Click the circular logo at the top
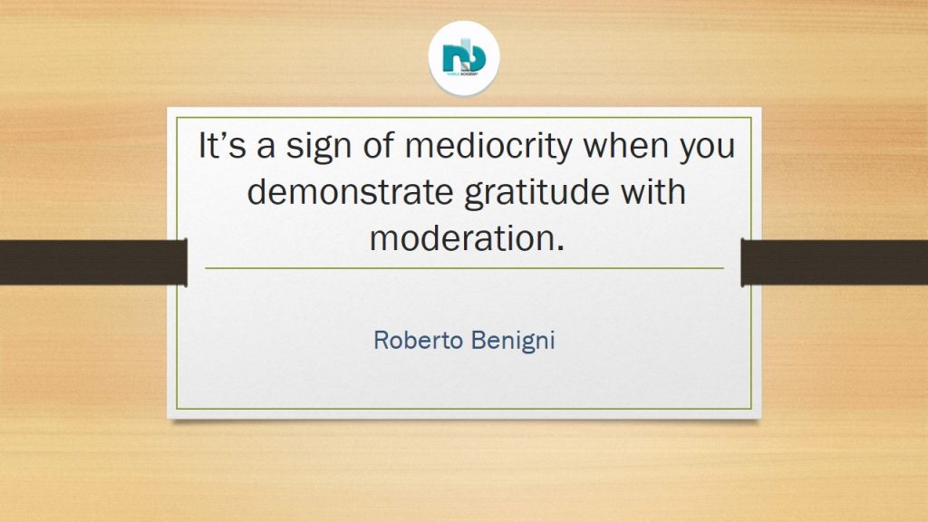point(464,57)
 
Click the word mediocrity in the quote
point(489,146)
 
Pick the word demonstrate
point(351,192)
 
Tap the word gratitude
point(536,193)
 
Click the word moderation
point(462,238)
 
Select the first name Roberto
point(419,340)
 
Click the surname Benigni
point(513,342)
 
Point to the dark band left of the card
point(93,262)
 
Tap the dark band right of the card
point(835,262)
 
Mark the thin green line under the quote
point(464,268)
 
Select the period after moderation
point(560,248)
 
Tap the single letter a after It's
point(266,150)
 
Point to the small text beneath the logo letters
point(463,75)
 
